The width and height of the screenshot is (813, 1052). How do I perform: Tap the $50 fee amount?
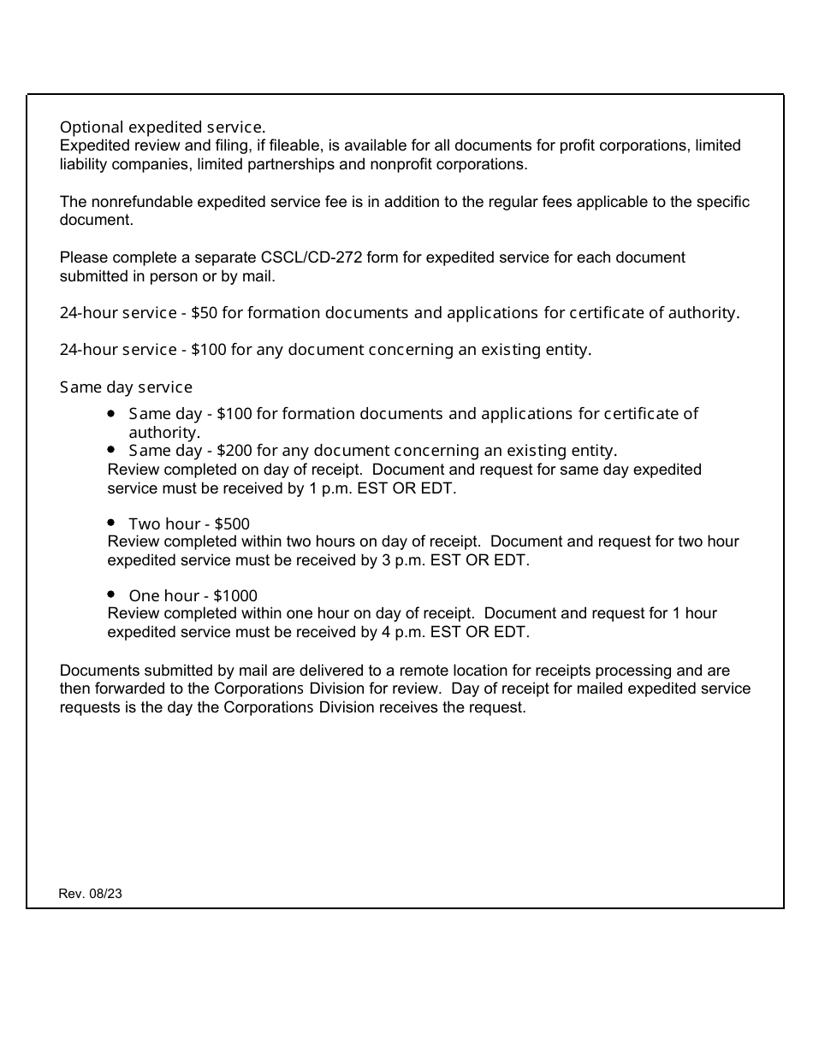tap(204, 313)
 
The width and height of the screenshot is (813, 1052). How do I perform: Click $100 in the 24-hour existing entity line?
tap(208, 350)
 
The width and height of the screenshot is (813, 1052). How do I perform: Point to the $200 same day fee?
tap(234, 451)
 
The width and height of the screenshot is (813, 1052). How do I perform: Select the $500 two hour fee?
tap(232, 523)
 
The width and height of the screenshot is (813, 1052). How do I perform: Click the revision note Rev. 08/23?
tap(90, 893)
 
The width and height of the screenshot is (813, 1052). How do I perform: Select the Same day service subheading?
tap(126, 387)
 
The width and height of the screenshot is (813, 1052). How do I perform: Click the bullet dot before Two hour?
tap(112, 522)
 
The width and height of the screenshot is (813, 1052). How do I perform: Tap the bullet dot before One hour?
tap(112, 594)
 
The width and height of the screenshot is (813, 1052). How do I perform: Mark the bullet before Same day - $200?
tap(112, 449)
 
